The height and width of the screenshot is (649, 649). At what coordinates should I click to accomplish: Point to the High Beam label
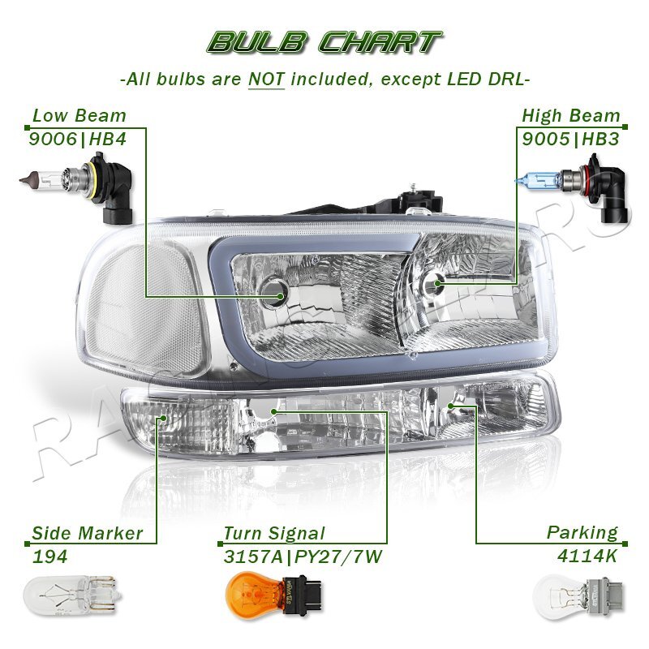click(570, 116)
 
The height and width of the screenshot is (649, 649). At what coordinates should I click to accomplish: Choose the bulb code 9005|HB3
click(570, 139)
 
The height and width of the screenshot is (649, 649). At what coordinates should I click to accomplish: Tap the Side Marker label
click(87, 534)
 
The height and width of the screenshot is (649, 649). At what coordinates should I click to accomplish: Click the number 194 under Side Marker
click(49, 557)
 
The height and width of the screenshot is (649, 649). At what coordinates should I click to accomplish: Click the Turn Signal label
click(273, 534)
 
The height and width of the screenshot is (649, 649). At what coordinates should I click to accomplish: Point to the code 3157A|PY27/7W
click(302, 557)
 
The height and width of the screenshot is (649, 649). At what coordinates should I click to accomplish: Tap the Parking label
click(582, 533)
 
